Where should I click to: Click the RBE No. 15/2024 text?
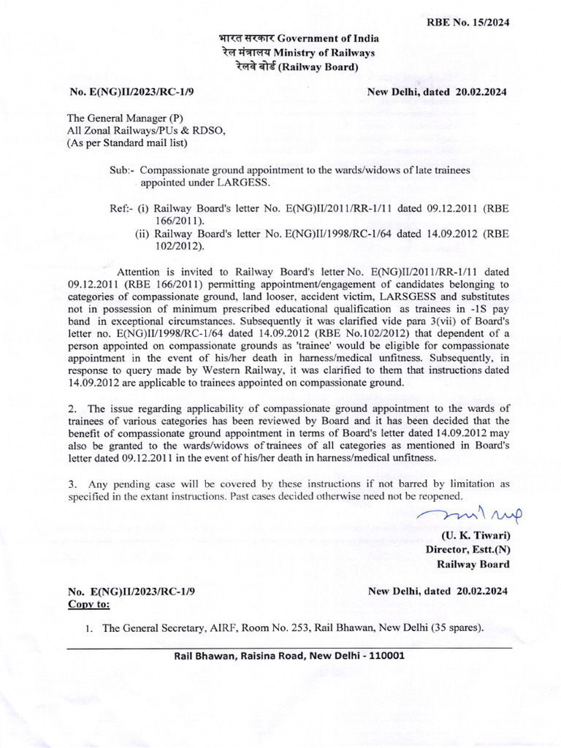(467, 22)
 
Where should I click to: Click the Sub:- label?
(123, 169)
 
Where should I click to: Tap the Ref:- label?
(120, 208)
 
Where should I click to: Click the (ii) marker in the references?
(142, 234)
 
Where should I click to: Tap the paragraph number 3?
(72, 484)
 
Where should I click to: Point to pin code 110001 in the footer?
(378, 655)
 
